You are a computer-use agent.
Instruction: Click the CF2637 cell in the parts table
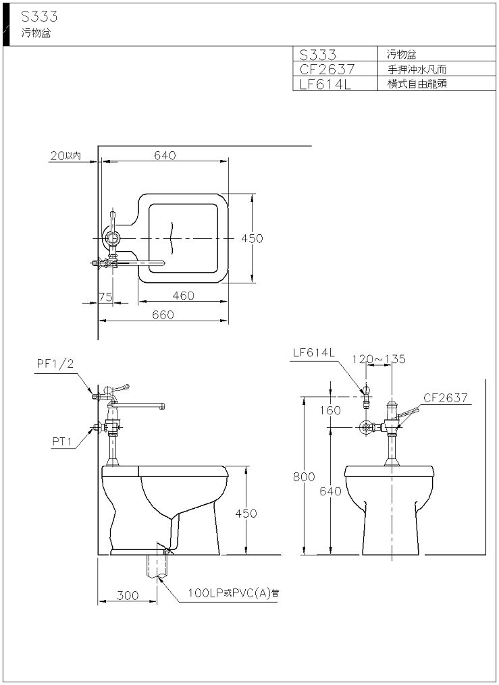[327, 69]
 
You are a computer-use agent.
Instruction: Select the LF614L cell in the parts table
[325, 84]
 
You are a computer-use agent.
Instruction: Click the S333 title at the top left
[39, 16]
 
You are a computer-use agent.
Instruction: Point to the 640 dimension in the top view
[165, 155]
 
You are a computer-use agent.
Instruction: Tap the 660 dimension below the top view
[163, 314]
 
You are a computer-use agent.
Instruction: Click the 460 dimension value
[183, 296]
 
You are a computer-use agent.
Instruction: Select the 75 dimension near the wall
[105, 297]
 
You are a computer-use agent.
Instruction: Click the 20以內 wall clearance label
[65, 155]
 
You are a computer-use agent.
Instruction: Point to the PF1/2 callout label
[55, 364]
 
